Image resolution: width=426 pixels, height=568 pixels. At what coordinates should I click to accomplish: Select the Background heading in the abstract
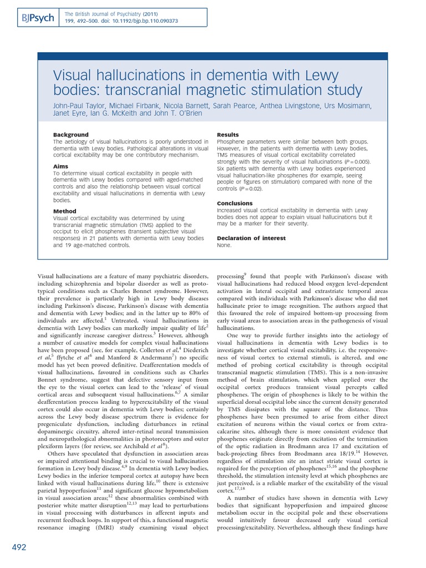(70, 135)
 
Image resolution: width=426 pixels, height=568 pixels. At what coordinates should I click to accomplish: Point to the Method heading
(64, 211)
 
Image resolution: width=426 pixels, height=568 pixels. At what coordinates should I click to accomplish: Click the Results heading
(228, 135)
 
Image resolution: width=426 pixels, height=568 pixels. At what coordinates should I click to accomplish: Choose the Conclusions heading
(235, 204)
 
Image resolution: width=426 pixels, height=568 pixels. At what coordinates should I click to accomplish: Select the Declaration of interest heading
(251, 238)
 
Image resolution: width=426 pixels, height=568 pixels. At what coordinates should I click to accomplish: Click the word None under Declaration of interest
(225, 245)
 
